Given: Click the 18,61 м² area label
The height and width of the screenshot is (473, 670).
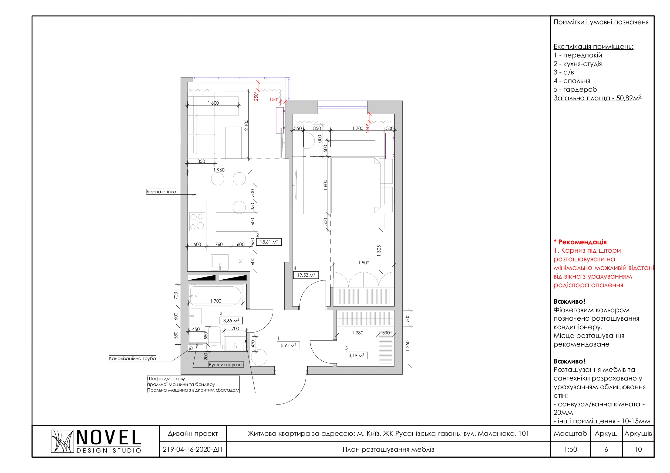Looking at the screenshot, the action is pos(269,242).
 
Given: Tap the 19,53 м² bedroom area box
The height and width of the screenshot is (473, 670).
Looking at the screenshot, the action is pos(306,275).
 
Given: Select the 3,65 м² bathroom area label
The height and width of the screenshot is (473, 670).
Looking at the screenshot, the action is pos(231,321).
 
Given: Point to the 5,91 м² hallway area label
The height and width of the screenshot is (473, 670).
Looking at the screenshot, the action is pos(288,345).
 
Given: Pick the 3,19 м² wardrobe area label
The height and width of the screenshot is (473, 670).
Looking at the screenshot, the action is pos(356,355).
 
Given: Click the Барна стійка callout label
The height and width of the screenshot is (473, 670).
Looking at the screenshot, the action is pos(161,192).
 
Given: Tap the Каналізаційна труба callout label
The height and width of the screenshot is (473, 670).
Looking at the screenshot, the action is pos(133,358).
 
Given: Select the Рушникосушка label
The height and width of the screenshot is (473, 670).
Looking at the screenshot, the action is pos(226,365).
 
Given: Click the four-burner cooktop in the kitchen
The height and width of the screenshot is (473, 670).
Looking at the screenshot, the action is pos(197,221).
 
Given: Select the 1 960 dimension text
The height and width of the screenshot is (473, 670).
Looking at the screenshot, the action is pos(219,170).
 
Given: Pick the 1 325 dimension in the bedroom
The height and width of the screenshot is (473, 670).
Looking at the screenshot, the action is pos(379,251).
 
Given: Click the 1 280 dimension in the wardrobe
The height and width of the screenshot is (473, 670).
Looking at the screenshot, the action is pos(358,333).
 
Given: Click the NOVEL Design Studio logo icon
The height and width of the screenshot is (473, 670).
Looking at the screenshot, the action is pos(62,441).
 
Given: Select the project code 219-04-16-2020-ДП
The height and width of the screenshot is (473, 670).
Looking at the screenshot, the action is pos(193,449).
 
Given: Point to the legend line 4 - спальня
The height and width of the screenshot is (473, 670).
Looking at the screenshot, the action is pos(572,81).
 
